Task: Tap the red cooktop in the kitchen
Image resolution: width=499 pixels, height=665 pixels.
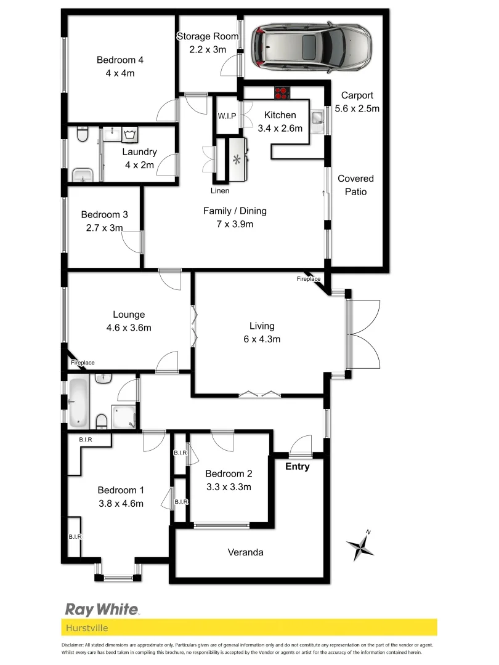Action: coord(282,94)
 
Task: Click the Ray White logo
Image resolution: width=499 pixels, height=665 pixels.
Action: coord(102,609)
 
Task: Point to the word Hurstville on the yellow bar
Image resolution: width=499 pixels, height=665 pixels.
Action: coord(86,627)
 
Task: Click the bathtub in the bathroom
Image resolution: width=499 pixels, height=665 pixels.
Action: coord(78,402)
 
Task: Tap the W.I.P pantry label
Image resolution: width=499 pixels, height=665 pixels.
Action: coord(227,116)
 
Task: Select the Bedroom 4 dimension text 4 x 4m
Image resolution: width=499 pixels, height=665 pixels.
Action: coord(120,73)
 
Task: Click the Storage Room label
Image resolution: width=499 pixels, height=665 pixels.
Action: coord(207,36)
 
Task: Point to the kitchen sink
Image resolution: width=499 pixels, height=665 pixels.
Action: coord(318,118)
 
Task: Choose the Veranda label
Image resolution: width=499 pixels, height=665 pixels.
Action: coord(245,552)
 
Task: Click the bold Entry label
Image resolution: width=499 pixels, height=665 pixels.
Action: coord(297,467)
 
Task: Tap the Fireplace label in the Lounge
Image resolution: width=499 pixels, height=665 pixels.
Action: coord(83,363)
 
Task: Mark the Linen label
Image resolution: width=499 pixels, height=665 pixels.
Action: coord(221,190)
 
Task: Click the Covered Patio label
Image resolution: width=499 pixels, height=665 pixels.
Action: coord(355,185)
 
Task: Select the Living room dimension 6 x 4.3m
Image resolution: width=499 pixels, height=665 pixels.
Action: coord(261,339)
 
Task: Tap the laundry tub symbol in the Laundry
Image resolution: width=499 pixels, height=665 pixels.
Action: coord(129,134)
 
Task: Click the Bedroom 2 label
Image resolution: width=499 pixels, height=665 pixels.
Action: coord(229,474)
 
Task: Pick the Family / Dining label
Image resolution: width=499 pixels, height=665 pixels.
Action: coord(235,211)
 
